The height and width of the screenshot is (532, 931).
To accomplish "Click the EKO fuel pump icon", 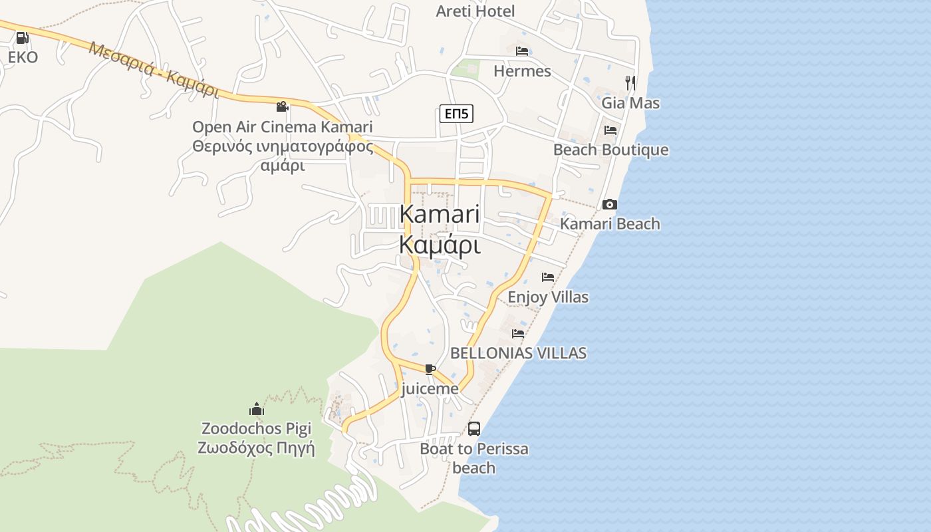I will tap(22, 39).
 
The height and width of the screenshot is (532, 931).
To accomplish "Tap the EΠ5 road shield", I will tap(456, 114).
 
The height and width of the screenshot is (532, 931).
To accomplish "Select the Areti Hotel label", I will tap(475, 11).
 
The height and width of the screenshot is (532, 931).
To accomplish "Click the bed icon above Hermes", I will tap(522, 51).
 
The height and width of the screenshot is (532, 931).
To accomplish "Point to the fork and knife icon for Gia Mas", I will tap(630, 82).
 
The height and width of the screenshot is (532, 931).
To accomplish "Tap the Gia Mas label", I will tap(630, 103).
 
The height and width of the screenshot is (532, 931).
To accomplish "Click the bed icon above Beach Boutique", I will tap(610, 130).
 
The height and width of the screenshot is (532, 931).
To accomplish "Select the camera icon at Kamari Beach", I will tap(610, 204).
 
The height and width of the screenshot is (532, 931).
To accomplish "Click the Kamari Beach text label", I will tap(610, 223).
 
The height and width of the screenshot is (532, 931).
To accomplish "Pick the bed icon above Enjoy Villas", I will tap(548, 277).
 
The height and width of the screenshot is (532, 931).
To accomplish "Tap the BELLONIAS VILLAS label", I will tap(519, 353).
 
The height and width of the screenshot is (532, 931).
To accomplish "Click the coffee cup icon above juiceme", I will tap(430, 369).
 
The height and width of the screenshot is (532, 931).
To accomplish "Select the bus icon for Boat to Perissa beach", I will tap(474, 429).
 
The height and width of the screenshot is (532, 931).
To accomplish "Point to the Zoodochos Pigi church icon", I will tap(257, 408).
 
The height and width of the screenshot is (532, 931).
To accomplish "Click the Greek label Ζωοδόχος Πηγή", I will tap(256, 448).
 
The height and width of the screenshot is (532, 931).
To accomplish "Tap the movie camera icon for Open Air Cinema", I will tap(282, 106).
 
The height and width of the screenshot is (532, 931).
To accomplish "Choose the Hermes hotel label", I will tap(522, 71).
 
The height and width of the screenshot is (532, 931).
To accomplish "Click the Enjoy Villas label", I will tap(548, 297).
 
